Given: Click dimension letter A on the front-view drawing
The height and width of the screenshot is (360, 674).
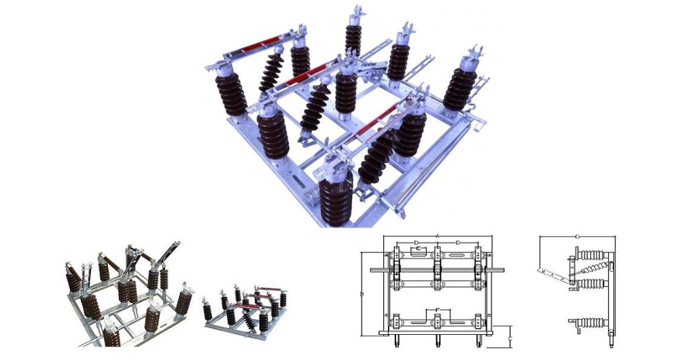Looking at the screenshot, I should [x=437, y=236].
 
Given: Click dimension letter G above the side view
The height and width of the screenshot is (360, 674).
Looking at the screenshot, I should [x=577, y=236].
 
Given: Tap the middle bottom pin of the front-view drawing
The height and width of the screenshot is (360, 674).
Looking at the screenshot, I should [x=436, y=340].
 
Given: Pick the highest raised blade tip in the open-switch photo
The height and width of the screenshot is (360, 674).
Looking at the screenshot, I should [x=178, y=242].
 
